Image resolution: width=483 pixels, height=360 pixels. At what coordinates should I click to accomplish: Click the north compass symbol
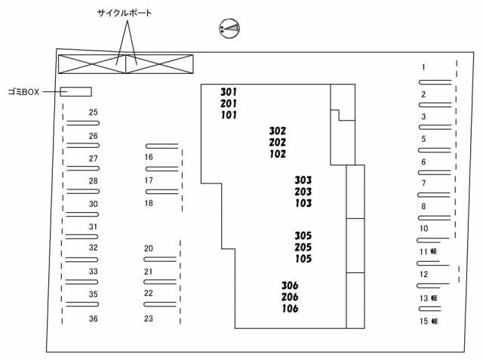tap(229, 29)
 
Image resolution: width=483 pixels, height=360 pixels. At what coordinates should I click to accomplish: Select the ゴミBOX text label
tap(24, 92)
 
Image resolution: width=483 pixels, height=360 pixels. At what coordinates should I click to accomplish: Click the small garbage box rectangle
tap(75, 92)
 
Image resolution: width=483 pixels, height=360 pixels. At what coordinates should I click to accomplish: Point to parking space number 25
tap(94, 112)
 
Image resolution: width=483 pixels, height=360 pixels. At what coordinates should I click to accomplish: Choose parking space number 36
tap(94, 319)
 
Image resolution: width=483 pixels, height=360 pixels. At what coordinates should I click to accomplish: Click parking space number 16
tap(149, 158)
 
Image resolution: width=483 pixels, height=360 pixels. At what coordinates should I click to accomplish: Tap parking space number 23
tap(149, 318)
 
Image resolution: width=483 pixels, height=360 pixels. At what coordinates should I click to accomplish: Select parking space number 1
tap(423, 68)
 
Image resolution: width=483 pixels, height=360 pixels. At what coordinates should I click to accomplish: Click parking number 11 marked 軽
tap(429, 251)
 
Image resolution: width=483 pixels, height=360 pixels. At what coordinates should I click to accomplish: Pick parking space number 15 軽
tap(429, 321)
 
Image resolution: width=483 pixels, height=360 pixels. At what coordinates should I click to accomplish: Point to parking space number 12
tap(424, 275)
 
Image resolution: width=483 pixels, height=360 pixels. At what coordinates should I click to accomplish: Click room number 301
tap(229, 92)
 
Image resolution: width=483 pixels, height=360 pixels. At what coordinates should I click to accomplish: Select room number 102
tap(277, 154)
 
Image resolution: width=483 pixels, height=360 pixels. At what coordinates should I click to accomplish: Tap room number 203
tap(303, 192)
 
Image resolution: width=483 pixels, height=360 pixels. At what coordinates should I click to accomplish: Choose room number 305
tap(303, 235)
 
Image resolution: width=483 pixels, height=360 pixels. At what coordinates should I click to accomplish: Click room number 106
tap(290, 309)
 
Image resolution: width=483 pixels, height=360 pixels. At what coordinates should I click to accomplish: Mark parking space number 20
tap(149, 248)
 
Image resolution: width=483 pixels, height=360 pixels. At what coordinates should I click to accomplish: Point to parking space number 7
tap(423, 183)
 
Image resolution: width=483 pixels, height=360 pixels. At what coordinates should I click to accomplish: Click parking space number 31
tap(94, 226)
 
